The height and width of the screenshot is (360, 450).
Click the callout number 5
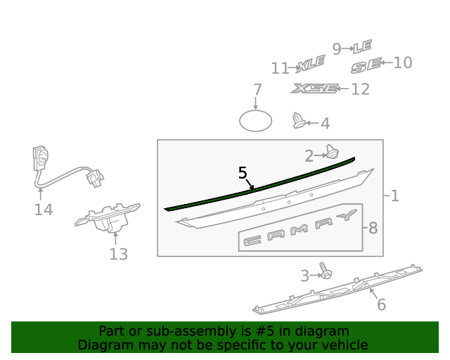coord(243,173)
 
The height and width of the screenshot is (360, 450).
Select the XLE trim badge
coord(311,63)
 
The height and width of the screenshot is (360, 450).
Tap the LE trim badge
coord(363,46)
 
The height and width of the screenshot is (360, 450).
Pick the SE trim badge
coord(366,65)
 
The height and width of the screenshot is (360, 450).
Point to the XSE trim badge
coord(314,89)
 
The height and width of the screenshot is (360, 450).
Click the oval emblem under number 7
coord(255,121)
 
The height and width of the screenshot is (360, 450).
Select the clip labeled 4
coord(298,120)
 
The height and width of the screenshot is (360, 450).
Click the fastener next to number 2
coord(333,152)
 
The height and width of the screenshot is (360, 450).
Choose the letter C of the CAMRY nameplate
coord(252,240)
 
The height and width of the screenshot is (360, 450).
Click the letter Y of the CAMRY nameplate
coord(347,214)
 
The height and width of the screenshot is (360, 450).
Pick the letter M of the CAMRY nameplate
coord(299,230)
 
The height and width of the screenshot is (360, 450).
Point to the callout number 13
coord(119,254)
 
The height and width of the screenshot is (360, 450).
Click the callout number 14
coord(44,210)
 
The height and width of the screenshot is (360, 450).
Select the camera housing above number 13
coord(108,218)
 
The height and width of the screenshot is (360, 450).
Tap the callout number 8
coord(373,229)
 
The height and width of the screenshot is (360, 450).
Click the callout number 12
coord(360,89)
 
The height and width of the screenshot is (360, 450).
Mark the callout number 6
coord(381,304)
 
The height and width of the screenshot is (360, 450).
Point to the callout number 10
coord(403,63)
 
